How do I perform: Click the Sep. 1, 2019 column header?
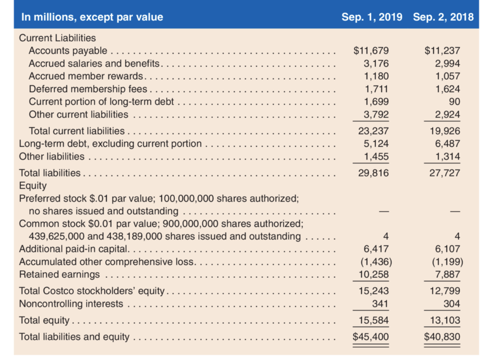[372, 17]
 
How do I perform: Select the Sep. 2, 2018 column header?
[443, 17]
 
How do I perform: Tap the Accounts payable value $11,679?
[371, 51]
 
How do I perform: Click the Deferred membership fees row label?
[88, 89]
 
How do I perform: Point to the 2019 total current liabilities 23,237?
[373, 131]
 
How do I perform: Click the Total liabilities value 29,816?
[373, 173]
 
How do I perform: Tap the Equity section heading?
[33, 186]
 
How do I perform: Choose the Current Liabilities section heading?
[57, 38]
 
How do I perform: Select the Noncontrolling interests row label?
[71, 304]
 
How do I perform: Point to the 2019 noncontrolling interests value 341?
[380, 304]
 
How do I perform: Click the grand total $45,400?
[370, 337]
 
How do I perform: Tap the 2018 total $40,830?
[442, 337]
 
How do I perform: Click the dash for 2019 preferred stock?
[384, 211]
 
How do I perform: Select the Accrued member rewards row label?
[86, 76]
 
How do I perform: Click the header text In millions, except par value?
[92, 17]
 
